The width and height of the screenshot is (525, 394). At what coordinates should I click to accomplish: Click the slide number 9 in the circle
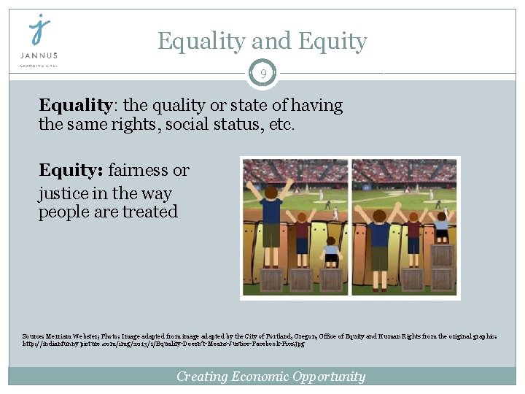(x=262, y=74)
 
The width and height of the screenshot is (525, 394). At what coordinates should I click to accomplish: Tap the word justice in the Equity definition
(x=63, y=193)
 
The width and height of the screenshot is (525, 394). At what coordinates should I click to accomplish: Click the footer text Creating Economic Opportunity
(x=271, y=376)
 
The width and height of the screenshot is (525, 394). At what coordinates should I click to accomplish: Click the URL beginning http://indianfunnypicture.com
(x=163, y=343)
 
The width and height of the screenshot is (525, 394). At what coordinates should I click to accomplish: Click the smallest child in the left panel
(x=332, y=250)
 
